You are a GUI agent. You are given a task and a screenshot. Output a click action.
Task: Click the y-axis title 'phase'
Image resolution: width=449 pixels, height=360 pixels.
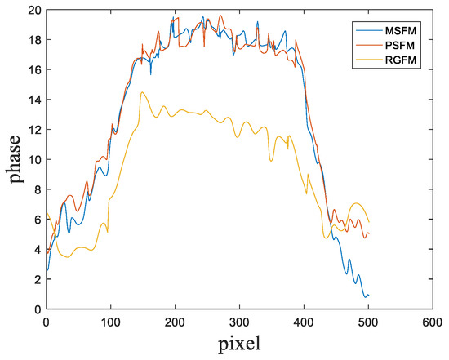coord(14,160)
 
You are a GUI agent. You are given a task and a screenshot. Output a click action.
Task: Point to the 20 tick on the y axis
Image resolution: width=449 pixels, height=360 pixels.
coord(33,11)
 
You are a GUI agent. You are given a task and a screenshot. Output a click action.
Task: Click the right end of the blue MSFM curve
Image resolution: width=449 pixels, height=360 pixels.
coord(369,296)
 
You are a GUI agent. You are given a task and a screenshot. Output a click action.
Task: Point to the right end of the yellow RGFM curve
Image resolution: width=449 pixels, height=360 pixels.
coord(369,222)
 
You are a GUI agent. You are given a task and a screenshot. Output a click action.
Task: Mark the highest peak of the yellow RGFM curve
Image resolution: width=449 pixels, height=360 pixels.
coord(143,92)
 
